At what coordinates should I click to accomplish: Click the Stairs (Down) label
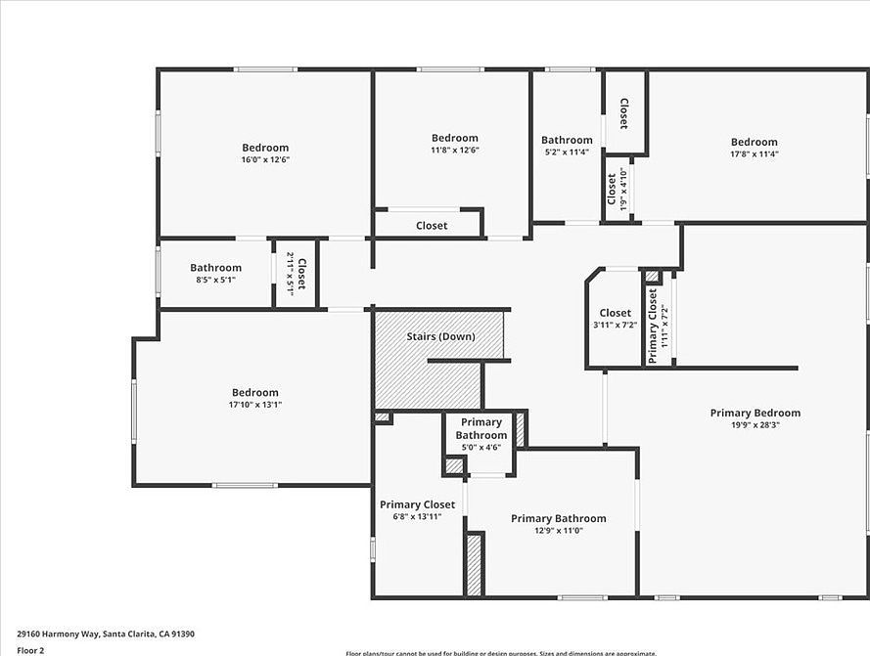pyautogui.click(x=440, y=336)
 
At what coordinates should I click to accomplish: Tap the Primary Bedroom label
pyautogui.click(x=755, y=413)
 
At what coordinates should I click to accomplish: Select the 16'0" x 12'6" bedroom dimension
pyautogui.click(x=265, y=159)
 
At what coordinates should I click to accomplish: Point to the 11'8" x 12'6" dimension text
pyautogui.click(x=455, y=150)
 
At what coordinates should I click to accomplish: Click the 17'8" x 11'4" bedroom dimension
pyautogui.click(x=754, y=153)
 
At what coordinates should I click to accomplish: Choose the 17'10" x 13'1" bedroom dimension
pyautogui.click(x=254, y=404)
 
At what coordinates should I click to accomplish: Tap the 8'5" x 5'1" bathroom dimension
pyautogui.click(x=215, y=280)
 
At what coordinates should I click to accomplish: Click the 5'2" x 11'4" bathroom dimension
pyautogui.click(x=567, y=152)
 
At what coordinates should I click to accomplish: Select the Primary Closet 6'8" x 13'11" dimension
pyautogui.click(x=417, y=516)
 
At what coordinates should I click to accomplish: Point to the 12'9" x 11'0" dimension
pyautogui.click(x=558, y=530)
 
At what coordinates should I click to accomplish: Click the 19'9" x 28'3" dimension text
pyautogui.click(x=755, y=424)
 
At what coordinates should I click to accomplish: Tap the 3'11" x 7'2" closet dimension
pyautogui.click(x=615, y=325)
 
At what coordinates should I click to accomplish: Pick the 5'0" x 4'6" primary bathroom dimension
pyautogui.click(x=481, y=447)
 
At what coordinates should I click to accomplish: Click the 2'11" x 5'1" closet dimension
pyautogui.click(x=291, y=274)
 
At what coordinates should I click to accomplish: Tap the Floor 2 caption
pyautogui.click(x=30, y=649)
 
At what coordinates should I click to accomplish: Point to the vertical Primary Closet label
pyautogui.click(x=653, y=326)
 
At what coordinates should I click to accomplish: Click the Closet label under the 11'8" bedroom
pyautogui.click(x=432, y=225)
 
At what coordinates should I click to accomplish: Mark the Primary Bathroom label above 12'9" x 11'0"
pyautogui.click(x=558, y=518)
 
